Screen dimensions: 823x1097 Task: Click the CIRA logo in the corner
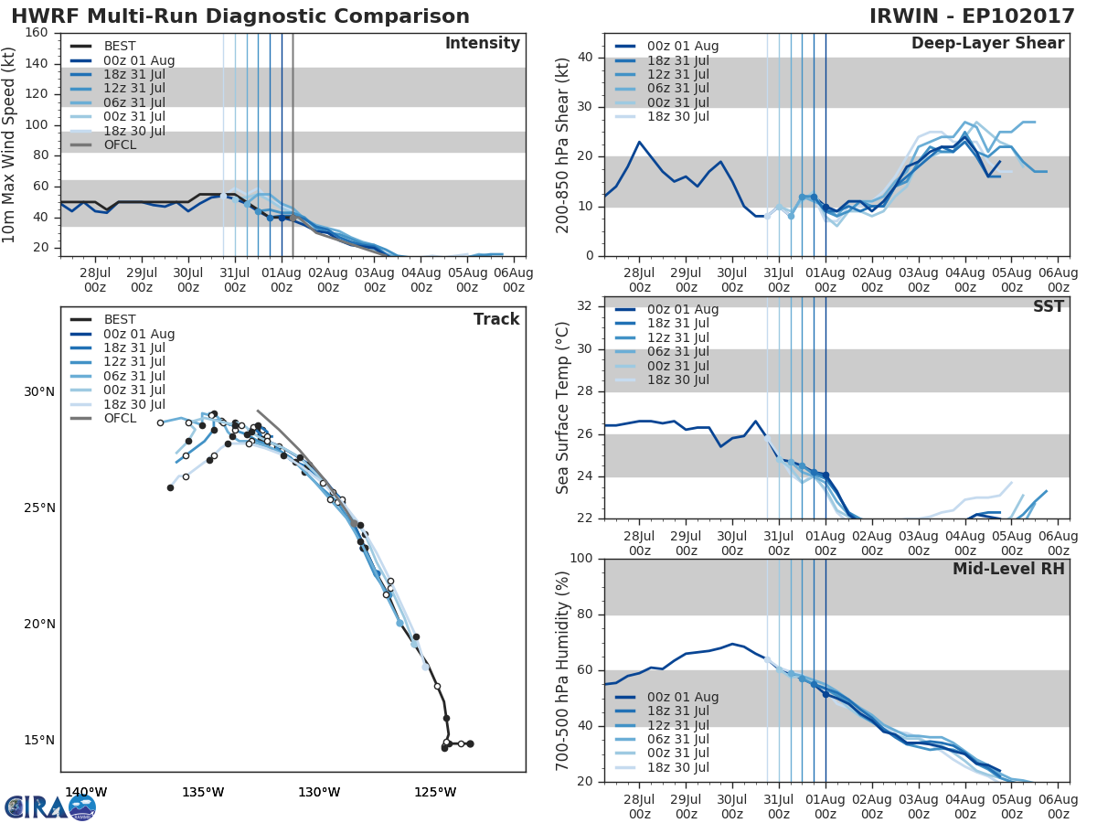click(50, 807)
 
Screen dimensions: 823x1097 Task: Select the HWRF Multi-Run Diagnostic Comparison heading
click(240, 16)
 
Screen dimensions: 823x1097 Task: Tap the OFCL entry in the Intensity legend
click(120, 144)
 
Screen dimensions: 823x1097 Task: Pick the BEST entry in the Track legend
click(120, 319)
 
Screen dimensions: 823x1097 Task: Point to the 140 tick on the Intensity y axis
click(37, 63)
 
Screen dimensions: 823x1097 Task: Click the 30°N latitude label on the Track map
click(39, 392)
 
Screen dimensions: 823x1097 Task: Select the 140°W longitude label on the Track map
click(86, 793)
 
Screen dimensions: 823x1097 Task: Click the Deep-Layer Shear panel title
click(987, 44)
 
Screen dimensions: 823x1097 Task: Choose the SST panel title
click(1049, 306)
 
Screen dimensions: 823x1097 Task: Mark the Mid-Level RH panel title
click(1008, 569)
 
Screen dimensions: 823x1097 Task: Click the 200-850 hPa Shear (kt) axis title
click(563, 144)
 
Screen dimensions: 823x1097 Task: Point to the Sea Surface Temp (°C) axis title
click(563, 407)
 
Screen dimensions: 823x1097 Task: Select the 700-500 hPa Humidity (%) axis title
click(563, 669)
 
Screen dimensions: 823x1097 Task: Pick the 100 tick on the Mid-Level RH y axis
click(581, 559)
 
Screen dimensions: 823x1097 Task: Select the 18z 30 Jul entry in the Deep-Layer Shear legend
click(677, 116)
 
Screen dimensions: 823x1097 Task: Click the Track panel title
click(496, 319)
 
